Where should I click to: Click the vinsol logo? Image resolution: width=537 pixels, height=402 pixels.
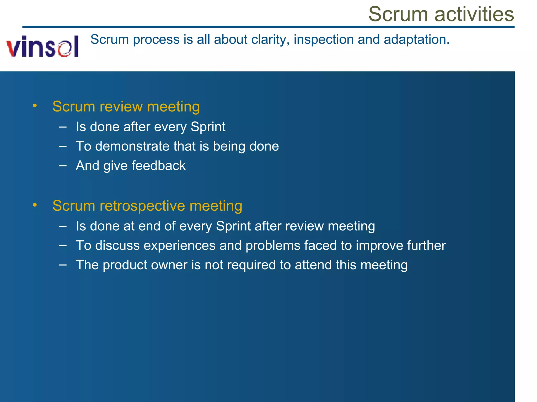(x=42, y=47)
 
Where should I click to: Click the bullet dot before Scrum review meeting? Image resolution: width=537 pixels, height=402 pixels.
(x=35, y=106)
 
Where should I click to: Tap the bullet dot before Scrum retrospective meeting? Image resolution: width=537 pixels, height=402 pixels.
(x=35, y=205)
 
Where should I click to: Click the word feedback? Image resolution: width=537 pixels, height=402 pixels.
(x=158, y=166)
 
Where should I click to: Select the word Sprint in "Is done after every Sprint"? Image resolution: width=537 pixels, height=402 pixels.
(x=208, y=127)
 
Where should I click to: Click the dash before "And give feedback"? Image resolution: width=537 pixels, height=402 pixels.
(x=63, y=166)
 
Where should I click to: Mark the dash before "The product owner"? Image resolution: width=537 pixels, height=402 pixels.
(x=63, y=265)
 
